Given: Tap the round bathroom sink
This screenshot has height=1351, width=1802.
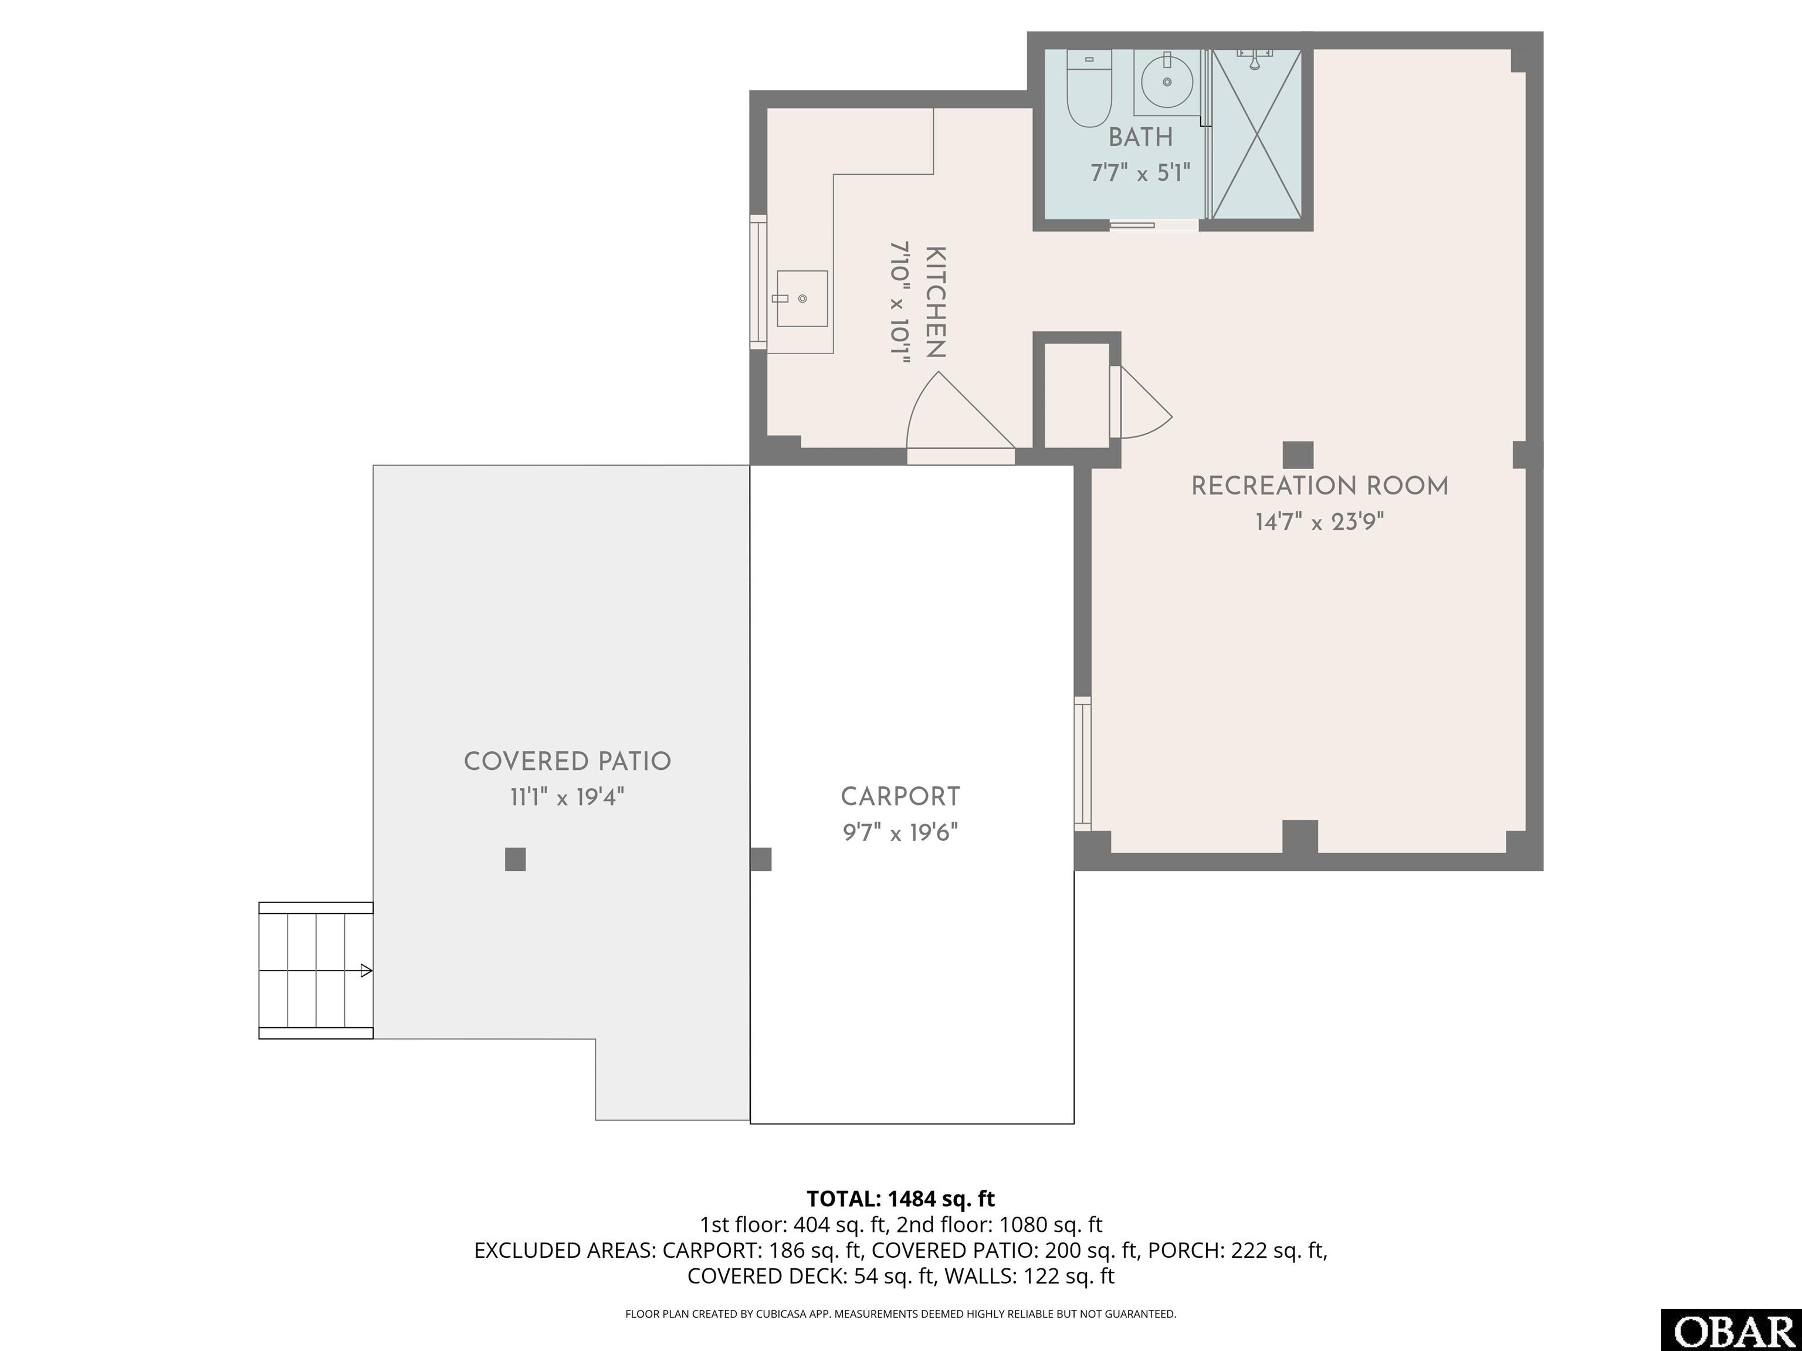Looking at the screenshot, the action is coord(1167,82).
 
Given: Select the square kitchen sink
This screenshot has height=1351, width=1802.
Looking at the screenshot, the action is coord(802,299).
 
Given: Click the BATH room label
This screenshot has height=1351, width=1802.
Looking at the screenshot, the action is coord(1140,138).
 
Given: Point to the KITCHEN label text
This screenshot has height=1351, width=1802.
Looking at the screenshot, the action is coord(935,302).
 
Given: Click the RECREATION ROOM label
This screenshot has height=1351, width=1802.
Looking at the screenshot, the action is coord(1320,486).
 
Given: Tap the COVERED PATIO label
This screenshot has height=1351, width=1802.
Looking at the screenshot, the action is coord(567,762).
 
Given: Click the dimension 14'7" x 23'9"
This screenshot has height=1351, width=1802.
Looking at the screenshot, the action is coord(1320,522).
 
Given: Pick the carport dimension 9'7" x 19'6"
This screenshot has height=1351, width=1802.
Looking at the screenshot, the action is coord(900,832).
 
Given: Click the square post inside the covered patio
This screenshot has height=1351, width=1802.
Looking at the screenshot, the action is coord(515,859).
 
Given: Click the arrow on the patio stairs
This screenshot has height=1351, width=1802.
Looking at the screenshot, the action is coord(367,970).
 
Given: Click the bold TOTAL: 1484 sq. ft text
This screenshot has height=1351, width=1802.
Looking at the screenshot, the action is coord(900,1199).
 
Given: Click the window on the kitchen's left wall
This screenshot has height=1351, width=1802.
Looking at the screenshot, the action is coord(758,282).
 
